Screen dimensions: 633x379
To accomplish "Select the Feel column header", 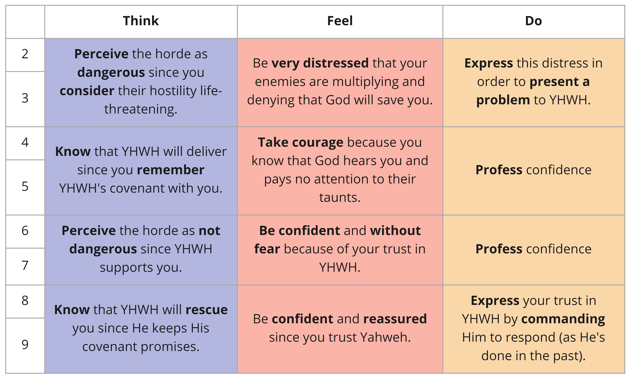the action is (340, 21).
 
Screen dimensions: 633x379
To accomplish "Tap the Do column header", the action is (533, 21).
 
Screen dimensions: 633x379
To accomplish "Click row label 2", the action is (25, 54).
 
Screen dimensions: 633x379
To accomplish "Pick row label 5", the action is (25, 186).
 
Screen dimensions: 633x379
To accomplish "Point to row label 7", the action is (25, 265).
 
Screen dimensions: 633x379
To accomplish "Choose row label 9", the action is (25, 344).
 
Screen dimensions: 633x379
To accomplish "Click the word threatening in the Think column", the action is (141, 109).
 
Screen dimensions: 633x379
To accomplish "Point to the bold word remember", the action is (171, 170).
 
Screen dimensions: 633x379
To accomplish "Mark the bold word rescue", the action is (207, 310).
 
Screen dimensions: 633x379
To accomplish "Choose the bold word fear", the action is (267, 249).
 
